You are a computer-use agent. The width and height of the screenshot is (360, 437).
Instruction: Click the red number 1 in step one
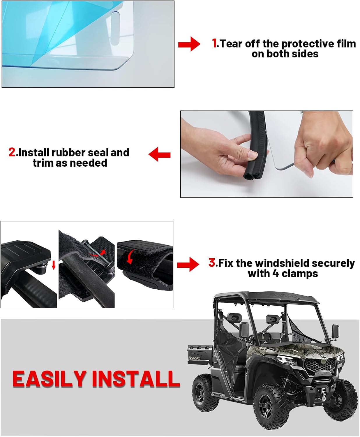click(x=215, y=43)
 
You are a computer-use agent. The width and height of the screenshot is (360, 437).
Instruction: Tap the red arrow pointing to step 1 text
click(x=189, y=44)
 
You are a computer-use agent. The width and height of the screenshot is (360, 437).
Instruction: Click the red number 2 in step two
click(x=12, y=152)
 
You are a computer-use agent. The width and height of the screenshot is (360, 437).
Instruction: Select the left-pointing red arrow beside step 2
click(x=159, y=154)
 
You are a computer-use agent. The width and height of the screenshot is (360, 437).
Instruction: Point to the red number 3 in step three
click(x=212, y=263)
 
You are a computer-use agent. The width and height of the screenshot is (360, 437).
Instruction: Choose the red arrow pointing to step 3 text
click(x=188, y=264)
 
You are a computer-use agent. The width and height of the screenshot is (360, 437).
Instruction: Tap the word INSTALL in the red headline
click(x=135, y=379)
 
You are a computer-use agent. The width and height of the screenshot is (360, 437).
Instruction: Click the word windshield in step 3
click(x=280, y=263)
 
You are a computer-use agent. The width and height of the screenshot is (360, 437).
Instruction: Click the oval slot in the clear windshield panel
click(x=115, y=29)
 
